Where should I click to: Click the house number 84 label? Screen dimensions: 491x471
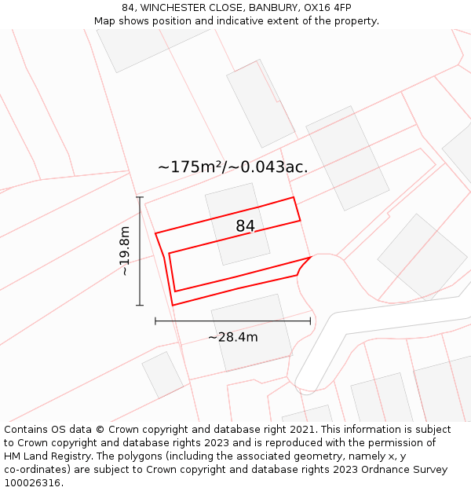pos(245,226)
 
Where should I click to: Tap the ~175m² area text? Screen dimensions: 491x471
pos(190,167)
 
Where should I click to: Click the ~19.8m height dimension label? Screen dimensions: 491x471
pos(125,251)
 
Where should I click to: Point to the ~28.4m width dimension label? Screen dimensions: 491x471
pos(232,337)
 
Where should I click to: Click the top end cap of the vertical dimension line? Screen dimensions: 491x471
pos(140,197)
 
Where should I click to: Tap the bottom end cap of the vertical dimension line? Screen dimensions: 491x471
pos(140,305)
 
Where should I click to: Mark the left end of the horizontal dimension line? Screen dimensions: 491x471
pos(155,321)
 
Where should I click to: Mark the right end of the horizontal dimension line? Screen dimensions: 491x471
pos(310,321)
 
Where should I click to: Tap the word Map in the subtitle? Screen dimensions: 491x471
pos(105,21)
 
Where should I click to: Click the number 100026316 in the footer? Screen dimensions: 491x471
pos(32,483)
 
